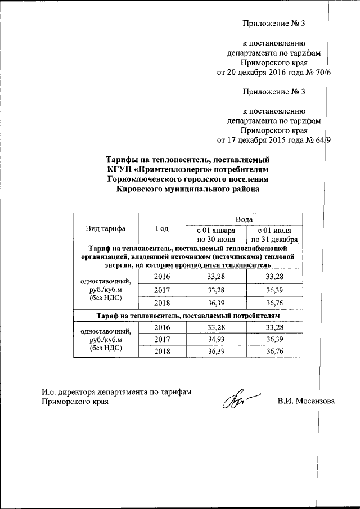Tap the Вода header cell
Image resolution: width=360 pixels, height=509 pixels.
[x=244, y=218]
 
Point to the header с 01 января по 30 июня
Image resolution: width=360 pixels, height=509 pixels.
[x=213, y=235]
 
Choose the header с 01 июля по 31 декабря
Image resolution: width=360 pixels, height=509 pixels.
[x=274, y=235]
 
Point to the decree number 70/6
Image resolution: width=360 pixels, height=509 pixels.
[x=323, y=73]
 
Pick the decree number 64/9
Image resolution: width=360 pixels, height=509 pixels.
[x=323, y=140]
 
